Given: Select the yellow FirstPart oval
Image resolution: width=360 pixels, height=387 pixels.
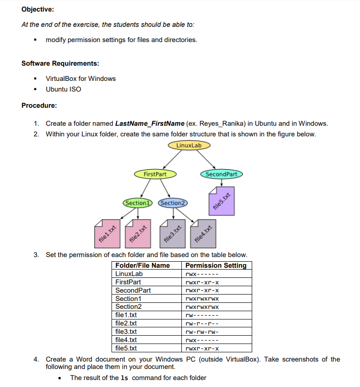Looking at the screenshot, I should tap(155, 174).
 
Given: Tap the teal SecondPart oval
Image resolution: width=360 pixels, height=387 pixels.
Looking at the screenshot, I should tap(221, 174).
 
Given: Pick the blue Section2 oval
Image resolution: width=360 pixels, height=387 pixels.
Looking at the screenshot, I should tap(173, 203).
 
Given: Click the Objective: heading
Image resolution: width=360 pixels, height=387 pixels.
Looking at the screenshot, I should tap(37, 9).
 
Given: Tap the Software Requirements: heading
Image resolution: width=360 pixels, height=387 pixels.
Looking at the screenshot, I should tap(60, 63).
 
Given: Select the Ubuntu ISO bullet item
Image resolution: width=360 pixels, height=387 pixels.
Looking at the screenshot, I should tap(63, 89).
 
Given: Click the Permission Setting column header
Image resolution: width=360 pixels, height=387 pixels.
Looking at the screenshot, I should tap(216, 265).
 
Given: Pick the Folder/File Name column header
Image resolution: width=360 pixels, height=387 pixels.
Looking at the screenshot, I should tap(142, 265).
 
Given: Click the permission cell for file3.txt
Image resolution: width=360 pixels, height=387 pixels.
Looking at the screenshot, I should tap(201, 332).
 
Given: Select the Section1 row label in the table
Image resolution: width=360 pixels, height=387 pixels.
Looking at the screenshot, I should tap(128, 299).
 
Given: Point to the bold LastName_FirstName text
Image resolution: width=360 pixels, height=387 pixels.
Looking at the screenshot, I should tap(149, 123).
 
